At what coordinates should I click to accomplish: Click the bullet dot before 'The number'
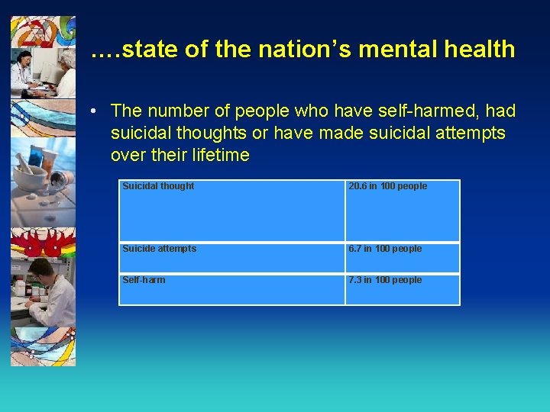(x=92, y=111)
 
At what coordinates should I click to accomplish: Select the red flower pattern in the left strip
(x=43, y=244)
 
